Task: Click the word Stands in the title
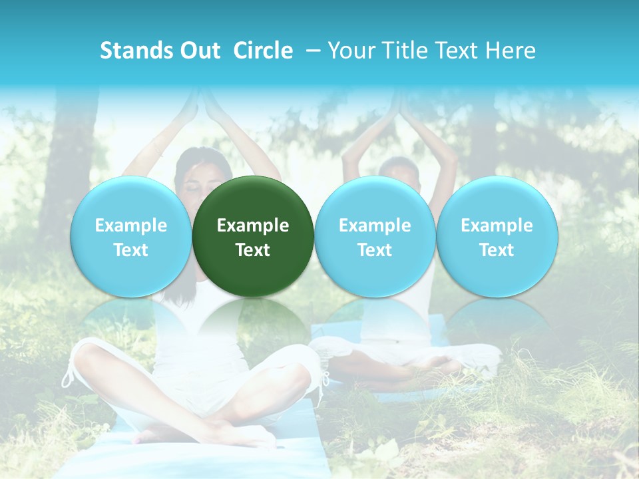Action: [x=136, y=51]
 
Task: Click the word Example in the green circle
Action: [x=253, y=226]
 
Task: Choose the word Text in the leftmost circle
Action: [x=130, y=250]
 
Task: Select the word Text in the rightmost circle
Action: [x=497, y=250]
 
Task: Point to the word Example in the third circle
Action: [x=375, y=226]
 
